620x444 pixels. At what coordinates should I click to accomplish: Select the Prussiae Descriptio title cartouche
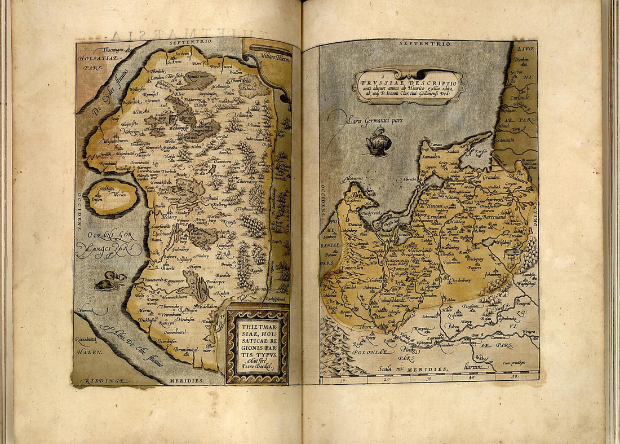409,86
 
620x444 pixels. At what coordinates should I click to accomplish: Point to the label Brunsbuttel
180,349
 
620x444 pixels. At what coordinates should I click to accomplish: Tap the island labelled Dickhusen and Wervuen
112,198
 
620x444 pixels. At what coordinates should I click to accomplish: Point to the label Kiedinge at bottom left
91,382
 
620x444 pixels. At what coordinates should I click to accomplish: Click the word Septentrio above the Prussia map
416,43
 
